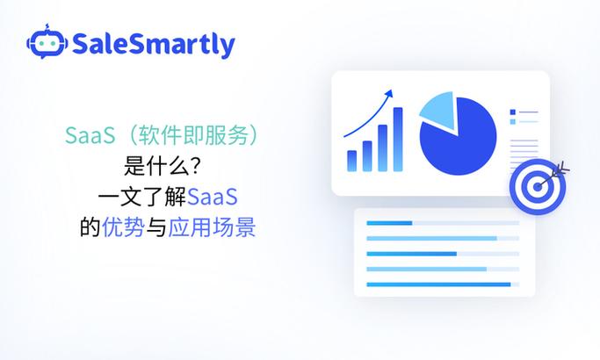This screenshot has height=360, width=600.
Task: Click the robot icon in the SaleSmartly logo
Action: click(46, 42)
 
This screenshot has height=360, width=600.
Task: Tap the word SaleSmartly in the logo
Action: click(153, 43)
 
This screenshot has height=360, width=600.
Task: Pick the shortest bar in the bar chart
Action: click(352, 161)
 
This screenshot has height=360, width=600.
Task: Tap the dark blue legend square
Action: click(512, 112)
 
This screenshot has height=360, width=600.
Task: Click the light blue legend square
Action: click(512, 121)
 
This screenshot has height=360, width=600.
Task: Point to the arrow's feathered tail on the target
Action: click(563, 167)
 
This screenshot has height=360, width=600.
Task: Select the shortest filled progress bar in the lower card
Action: click(389, 223)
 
